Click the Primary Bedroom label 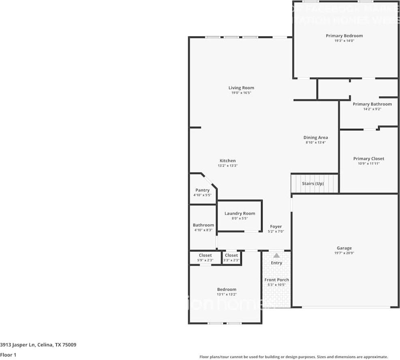[344, 36]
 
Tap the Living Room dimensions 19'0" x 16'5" [241, 93]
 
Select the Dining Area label [315, 138]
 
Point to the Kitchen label [227, 161]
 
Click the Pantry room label [202, 190]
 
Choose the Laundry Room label [240, 213]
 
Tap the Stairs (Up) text [313, 183]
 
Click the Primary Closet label [368, 159]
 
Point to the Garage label [344, 248]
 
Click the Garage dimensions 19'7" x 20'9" [344, 253]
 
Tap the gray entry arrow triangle [276, 255]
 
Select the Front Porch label [276, 280]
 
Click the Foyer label [276, 226]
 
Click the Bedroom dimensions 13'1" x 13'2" [227, 294]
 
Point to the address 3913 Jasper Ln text [38, 345]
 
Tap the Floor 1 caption [8, 355]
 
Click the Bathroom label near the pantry [203, 225]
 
